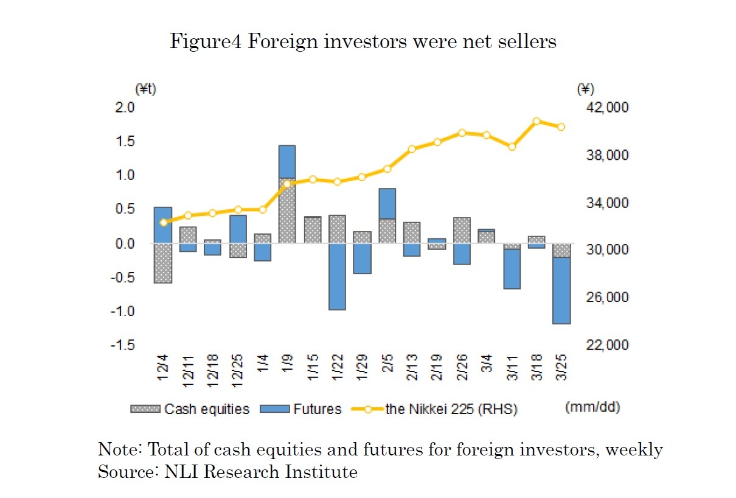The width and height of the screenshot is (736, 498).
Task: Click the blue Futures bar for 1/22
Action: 337,277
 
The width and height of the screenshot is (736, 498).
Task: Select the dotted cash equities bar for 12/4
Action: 162,263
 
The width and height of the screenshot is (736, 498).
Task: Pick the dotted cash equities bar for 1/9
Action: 287,210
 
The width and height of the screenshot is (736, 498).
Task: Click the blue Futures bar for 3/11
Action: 512,269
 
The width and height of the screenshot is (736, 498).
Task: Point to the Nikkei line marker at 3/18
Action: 536,121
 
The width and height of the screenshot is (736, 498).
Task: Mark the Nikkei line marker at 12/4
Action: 162,223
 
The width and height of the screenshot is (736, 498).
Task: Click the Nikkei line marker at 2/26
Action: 462,133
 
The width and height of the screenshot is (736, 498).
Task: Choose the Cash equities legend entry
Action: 190,409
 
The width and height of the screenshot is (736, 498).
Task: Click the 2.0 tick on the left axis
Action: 124,108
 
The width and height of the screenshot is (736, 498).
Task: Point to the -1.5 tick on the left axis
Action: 122,345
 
